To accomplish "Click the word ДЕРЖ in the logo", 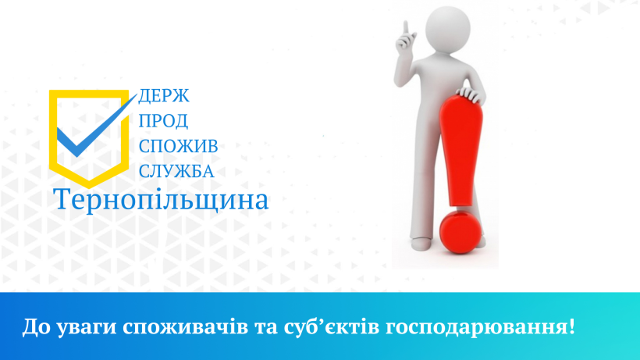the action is [164, 96].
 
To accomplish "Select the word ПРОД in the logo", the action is [163, 121].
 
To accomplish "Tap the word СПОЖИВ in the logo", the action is [179, 146].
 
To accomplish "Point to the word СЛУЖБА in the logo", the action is [176, 172].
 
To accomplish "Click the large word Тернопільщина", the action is [161, 200].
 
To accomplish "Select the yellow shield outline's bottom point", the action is [89, 187].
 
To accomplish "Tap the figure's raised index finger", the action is [406, 28].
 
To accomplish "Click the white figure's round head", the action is [448, 29].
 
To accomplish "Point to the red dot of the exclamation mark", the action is [461, 232].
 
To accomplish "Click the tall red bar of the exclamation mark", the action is [461, 151].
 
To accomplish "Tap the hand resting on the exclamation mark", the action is [470, 94].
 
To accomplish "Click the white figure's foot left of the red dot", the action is [421, 244].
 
